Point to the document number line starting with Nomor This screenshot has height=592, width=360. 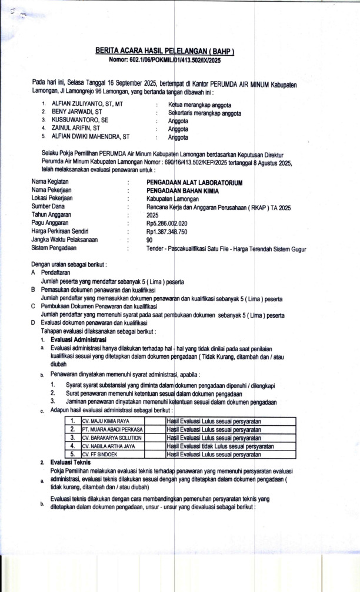pyautogui.click(x=165, y=60)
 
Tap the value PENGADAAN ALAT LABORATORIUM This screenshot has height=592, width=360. pyautogui.click(x=194, y=183)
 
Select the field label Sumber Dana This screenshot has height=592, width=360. pyautogui.click(x=48, y=207)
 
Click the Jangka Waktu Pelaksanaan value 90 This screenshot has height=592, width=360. pyautogui.click(x=149, y=240)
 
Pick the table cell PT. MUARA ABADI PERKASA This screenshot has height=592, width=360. pyautogui.click(x=112, y=429)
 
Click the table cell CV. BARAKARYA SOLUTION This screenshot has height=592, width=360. pyautogui.click(x=112, y=438)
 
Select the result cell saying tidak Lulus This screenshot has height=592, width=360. pyautogui.click(x=220, y=446)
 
